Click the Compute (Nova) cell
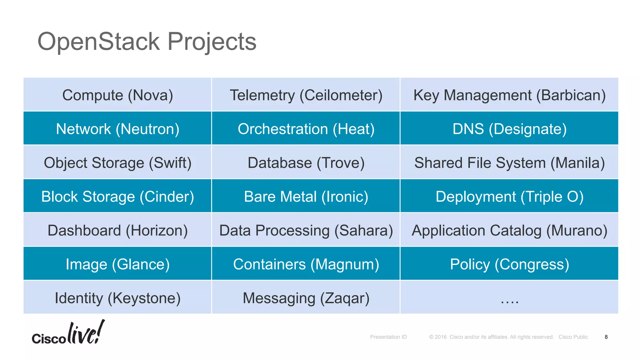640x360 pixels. pyautogui.click(x=117, y=95)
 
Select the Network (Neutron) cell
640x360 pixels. pyautogui.click(x=117, y=129)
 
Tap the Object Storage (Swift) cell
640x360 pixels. pyautogui.click(x=117, y=162)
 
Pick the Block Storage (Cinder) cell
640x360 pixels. pyautogui.click(x=117, y=197)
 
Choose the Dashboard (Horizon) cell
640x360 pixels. pyautogui.click(x=117, y=230)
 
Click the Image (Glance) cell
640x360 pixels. pyautogui.click(x=117, y=264)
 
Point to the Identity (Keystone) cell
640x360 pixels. pyautogui.click(x=117, y=298)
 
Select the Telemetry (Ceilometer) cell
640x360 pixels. pyautogui.click(x=306, y=95)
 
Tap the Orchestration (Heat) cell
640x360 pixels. pyautogui.click(x=306, y=129)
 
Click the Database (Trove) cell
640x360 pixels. pyautogui.click(x=306, y=162)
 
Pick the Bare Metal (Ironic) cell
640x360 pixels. pyautogui.click(x=306, y=197)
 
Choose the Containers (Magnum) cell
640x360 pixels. pyautogui.click(x=306, y=264)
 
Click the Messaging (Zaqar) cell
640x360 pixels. pyautogui.click(x=306, y=298)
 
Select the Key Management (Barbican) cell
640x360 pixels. pyautogui.click(x=509, y=95)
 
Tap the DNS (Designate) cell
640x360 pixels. pyautogui.click(x=509, y=129)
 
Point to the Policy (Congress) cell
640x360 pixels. pyautogui.click(x=509, y=264)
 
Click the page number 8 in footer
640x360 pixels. pyautogui.click(x=606, y=337)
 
